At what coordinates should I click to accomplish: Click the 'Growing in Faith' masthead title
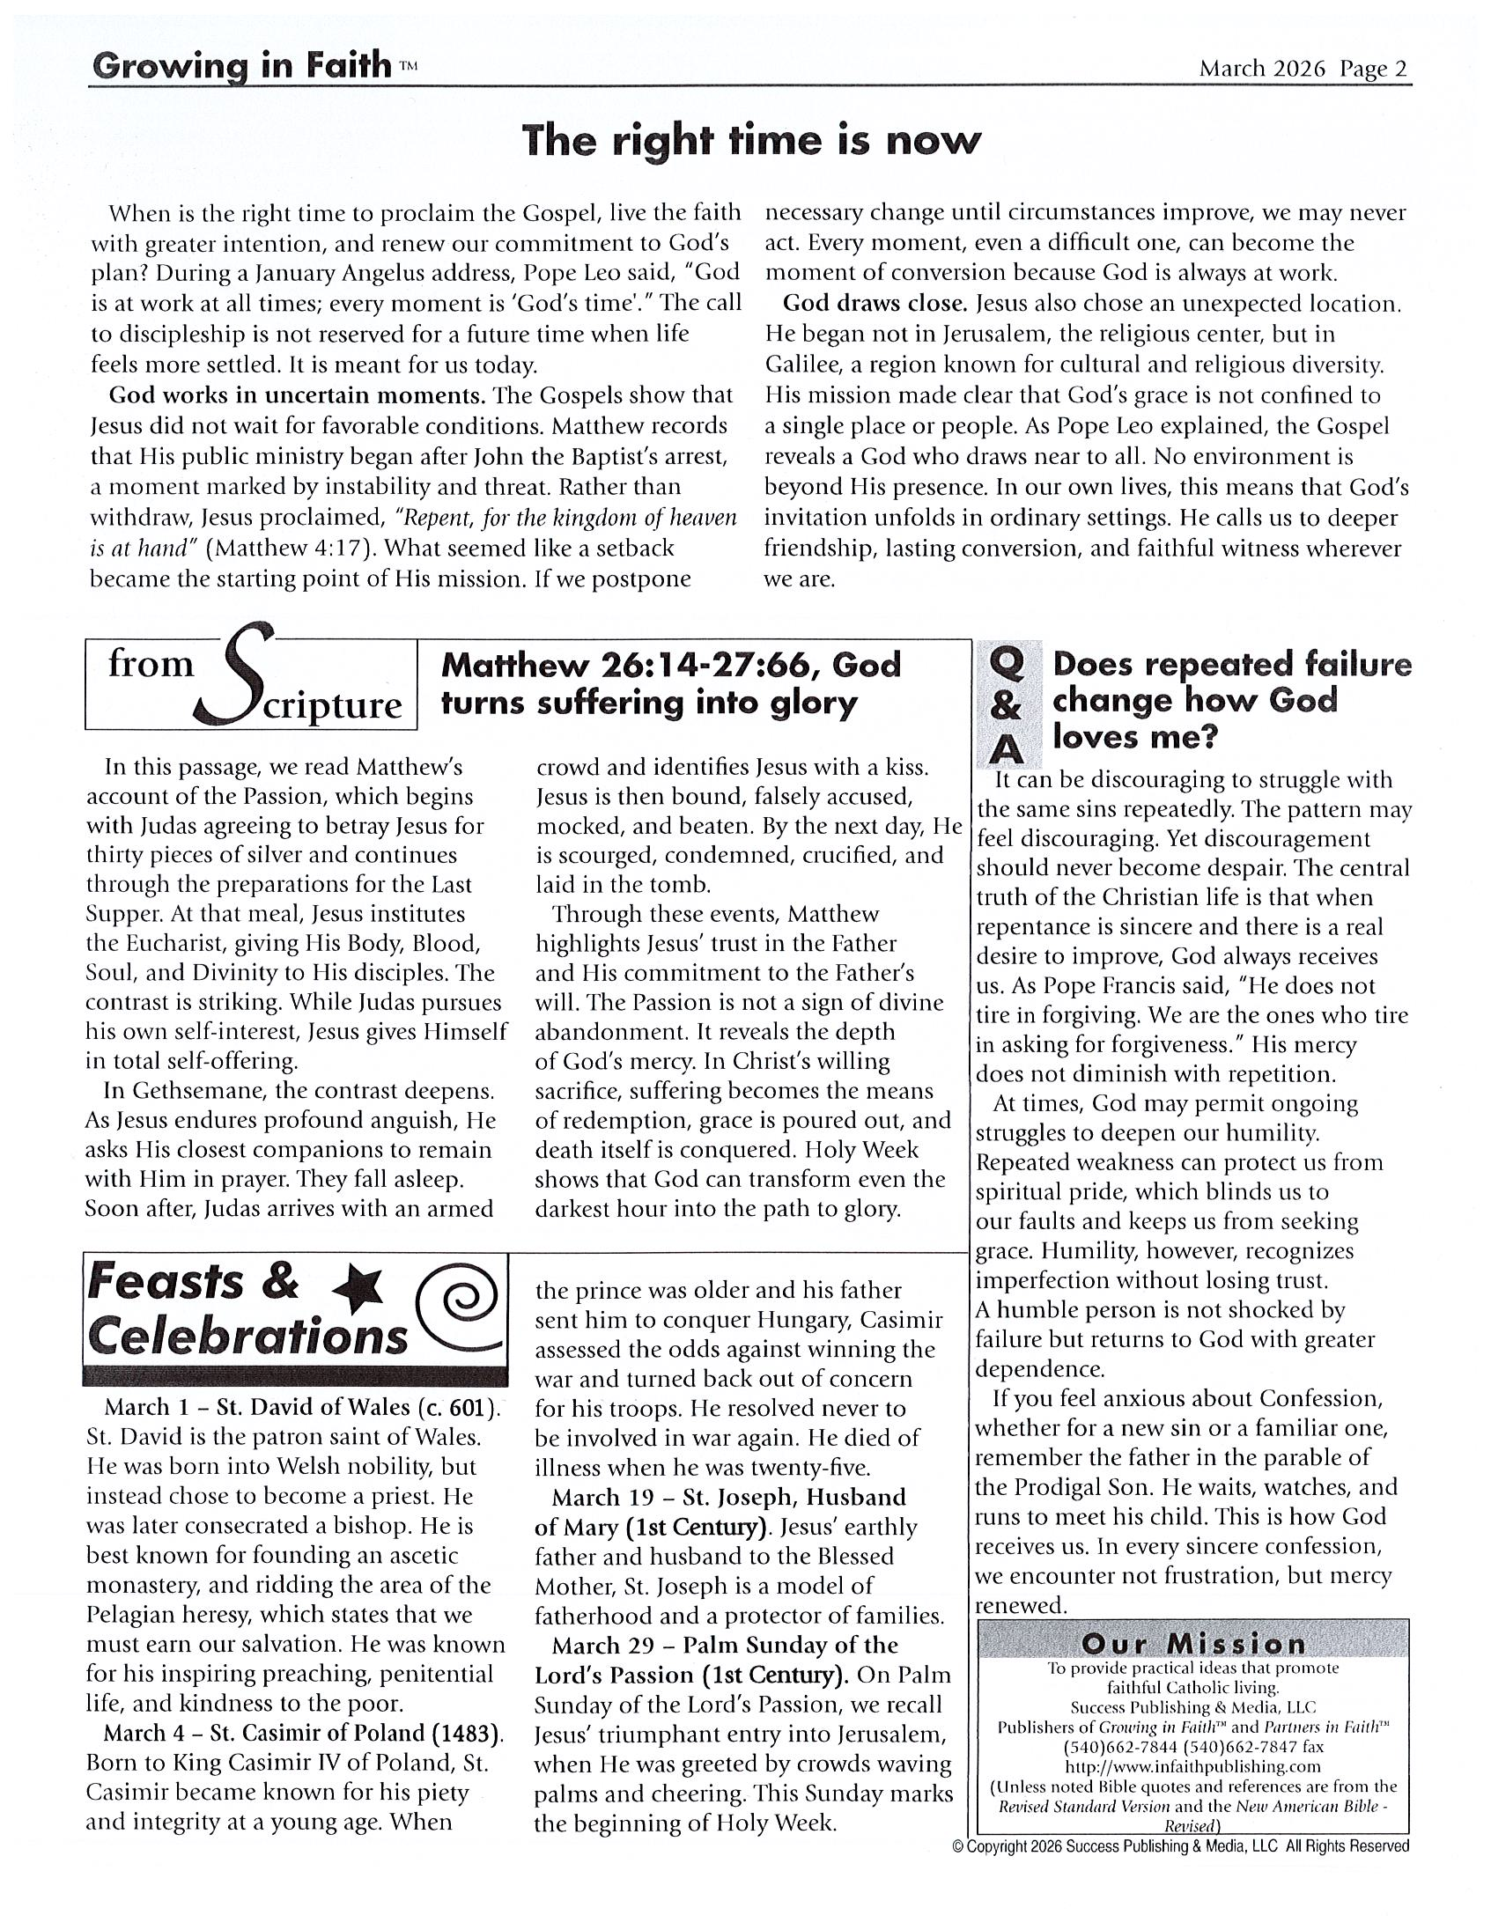pos(240,66)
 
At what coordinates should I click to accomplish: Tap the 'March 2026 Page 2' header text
pos(1302,69)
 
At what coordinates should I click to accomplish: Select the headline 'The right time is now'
pos(751,142)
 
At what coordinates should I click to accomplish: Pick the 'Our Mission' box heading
pos(1193,1645)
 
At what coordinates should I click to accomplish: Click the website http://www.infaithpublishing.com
pos(1192,1766)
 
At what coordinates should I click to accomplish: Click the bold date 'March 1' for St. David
pos(137,1407)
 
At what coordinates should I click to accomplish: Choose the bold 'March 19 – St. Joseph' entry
pos(729,1497)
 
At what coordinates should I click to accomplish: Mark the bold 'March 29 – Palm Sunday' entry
pos(725,1645)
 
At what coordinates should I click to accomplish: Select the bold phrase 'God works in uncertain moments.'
pos(297,395)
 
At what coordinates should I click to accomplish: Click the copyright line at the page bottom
pos(1181,1846)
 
